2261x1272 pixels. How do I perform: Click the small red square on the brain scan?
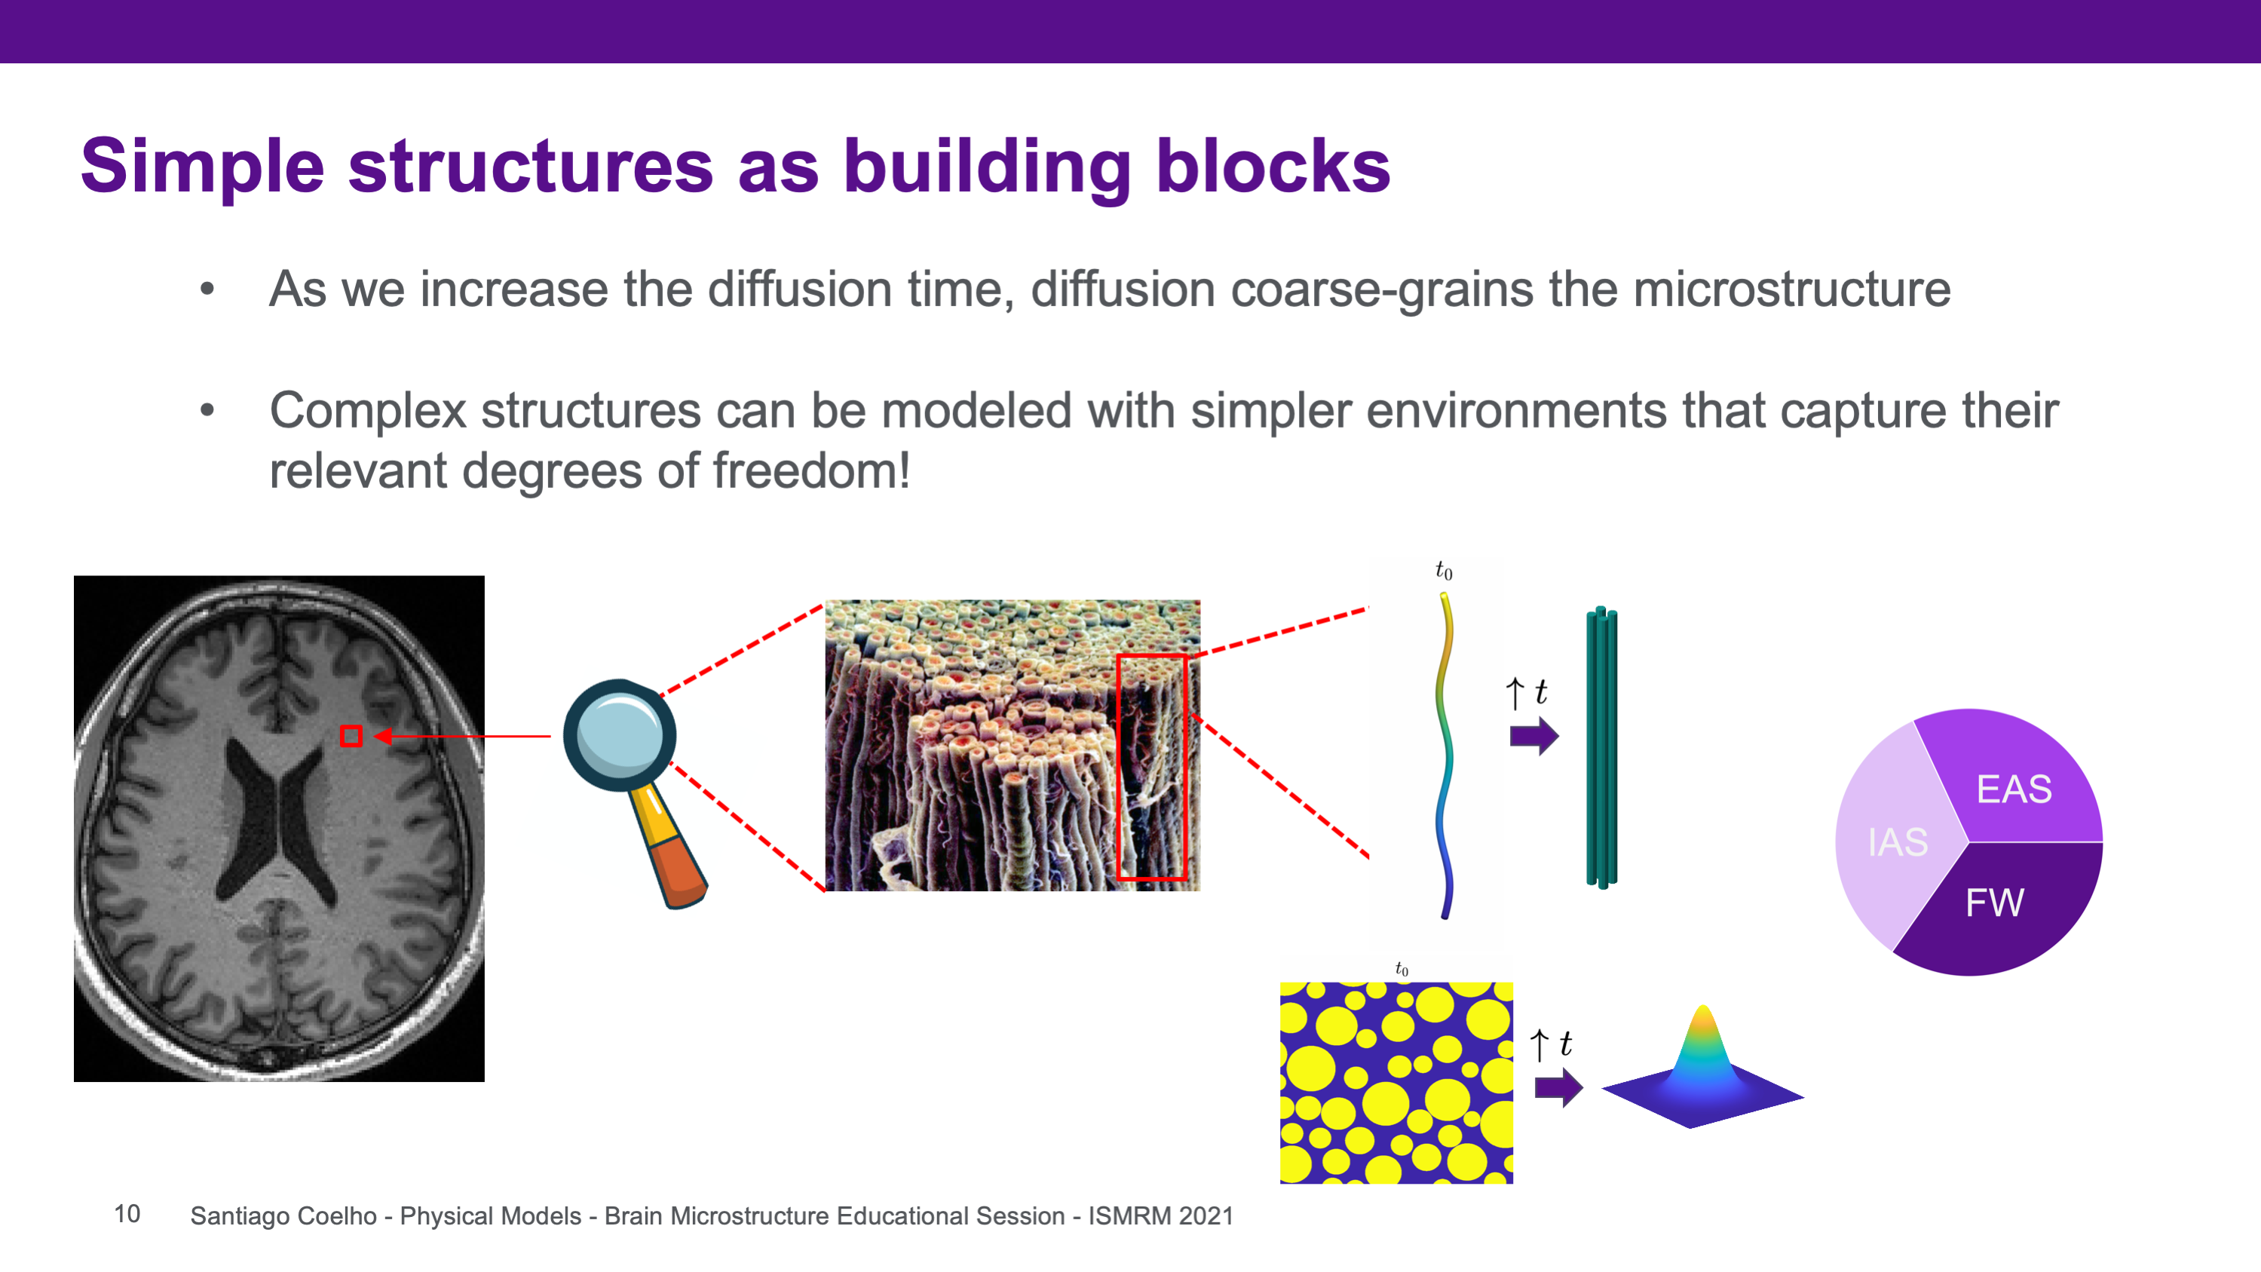click(351, 736)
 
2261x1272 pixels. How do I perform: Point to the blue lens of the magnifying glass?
click(620, 734)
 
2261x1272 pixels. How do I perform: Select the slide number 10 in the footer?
click(127, 1214)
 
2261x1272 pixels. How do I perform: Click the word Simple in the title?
click(203, 167)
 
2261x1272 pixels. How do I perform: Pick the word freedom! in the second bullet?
click(811, 470)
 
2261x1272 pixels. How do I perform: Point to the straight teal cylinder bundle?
click(1602, 747)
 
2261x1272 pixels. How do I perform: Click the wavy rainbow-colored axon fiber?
click(1444, 755)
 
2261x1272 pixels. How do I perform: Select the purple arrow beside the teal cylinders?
click(1534, 736)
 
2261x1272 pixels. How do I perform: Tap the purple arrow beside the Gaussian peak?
click(1559, 1089)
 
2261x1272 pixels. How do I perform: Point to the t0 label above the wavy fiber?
click(1444, 572)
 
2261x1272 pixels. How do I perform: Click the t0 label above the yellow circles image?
click(1402, 969)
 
